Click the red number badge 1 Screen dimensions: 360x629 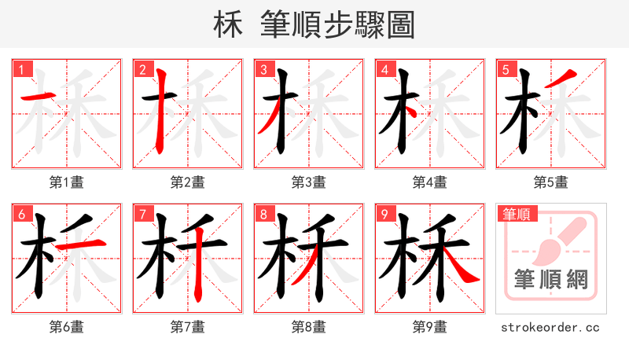[x=20, y=69]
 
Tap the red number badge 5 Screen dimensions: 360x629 [x=506, y=69]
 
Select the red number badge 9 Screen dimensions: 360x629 [x=384, y=214]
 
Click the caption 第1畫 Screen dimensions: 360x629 [x=66, y=182]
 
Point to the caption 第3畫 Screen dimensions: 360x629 [x=308, y=182]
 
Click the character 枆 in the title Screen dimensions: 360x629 [x=229, y=25]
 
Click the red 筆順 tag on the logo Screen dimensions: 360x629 [x=517, y=214]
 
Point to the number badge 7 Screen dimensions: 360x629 [x=142, y=214]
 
